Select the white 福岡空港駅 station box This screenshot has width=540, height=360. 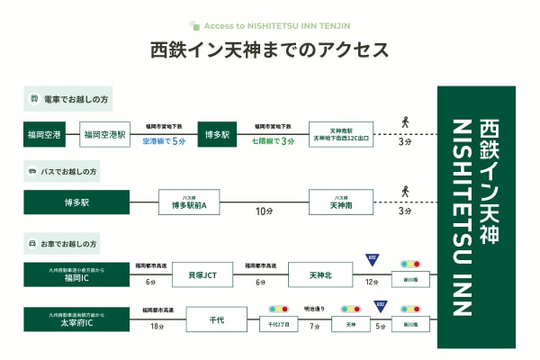coord(105,135)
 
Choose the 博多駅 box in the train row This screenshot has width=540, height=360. coord(216,135)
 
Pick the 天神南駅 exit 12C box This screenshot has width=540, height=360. coord(340,135)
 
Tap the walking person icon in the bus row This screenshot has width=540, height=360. coord(405,190)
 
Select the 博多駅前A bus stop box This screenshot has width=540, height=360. coord(189,202)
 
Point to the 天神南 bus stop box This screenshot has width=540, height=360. coord(340,202)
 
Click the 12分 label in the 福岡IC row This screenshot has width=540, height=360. coord(372,283)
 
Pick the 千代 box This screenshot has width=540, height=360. coord(216,319)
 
